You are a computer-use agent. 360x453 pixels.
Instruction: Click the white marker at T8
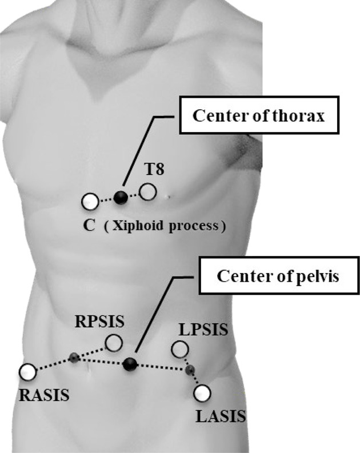[148, 192]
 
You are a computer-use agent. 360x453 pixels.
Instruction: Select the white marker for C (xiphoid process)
[89, 202]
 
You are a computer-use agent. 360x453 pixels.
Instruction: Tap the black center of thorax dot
[121, 198]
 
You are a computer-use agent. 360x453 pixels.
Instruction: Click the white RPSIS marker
[114, 343]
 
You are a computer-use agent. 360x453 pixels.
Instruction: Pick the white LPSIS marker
[179, 348]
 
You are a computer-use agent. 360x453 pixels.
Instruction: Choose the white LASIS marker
[202, 393]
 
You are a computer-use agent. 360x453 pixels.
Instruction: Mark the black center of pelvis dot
[130, 363]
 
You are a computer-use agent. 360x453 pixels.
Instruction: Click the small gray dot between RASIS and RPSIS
[74, 358]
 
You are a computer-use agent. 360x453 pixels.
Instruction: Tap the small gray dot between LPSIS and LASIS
[190, 370]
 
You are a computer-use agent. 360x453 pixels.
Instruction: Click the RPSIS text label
[99, 322]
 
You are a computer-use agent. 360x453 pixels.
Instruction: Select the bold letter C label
[89, 225]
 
